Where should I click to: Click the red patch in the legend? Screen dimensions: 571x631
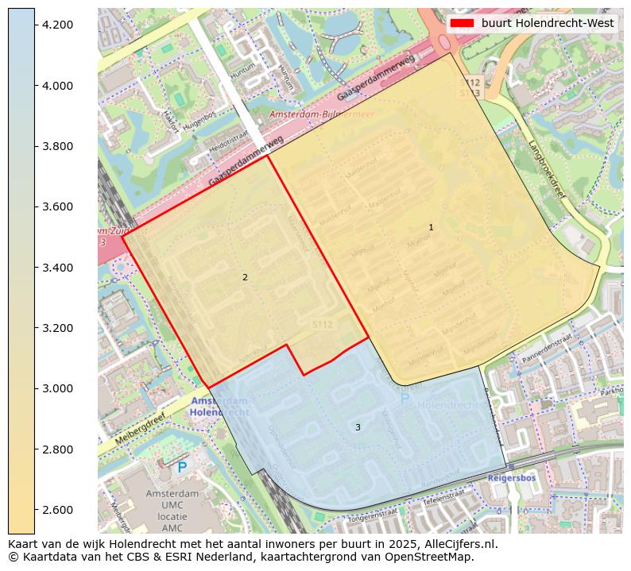462,23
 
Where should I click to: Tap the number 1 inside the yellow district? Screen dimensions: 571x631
431,227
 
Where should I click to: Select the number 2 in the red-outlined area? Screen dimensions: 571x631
245,277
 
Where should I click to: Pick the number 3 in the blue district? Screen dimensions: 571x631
358,427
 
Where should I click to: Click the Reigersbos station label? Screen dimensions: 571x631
512,479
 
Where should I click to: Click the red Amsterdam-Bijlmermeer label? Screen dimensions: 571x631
321,114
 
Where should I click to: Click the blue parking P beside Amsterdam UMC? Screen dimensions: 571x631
182,468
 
